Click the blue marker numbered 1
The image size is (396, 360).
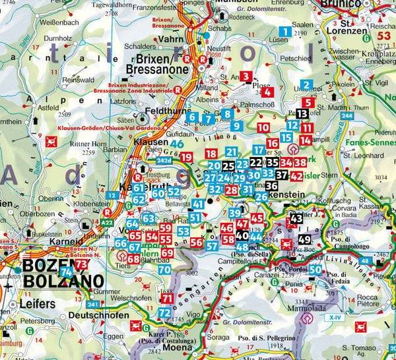pos(284,31)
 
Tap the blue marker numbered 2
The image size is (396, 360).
pos(306,84)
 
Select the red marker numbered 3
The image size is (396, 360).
pos(246,76)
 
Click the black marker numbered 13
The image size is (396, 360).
pos(302,113)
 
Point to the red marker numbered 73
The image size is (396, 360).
pos(81,264)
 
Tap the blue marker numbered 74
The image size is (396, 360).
pos(66,272)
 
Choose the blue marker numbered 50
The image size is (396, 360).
pos(315,269)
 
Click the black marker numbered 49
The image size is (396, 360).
pos(304,240)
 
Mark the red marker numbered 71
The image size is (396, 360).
pos(168,299)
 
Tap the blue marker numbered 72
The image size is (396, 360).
pos(164,312)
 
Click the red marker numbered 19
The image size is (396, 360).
pos(187,157)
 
